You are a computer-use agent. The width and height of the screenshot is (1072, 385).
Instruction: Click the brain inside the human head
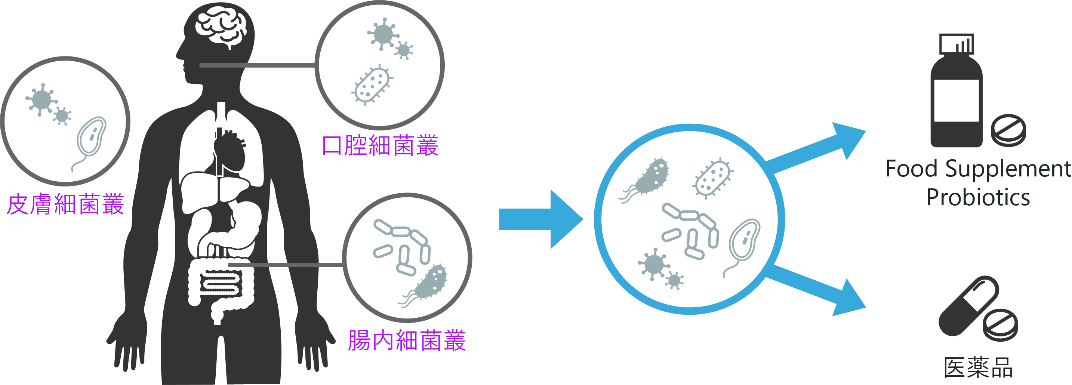click(x=221, y=27)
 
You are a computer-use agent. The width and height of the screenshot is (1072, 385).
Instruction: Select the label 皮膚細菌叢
click(x=66, y=204)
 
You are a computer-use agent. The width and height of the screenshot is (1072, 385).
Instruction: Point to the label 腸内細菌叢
click(x=407, y=341)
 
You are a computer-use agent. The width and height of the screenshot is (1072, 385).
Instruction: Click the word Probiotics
click(x=978, y=197)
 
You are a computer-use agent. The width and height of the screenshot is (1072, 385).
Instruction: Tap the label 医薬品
click(x=978, y=367)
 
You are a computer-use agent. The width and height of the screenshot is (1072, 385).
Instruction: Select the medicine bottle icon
click(x=956, y=94)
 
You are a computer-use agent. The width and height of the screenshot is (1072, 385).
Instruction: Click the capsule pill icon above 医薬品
click(x=968, y=306)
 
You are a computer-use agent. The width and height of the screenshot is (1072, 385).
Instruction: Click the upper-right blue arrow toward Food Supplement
click(x=816, y=148)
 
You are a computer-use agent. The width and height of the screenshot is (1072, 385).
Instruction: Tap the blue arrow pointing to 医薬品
click(x=816, y=291)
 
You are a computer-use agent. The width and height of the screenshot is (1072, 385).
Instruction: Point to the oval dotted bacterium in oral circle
click(x=372, y=84)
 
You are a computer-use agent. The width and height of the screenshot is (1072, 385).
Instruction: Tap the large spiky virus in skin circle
click(x=41, y=99)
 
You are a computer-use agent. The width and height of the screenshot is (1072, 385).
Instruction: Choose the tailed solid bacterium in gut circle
click(x=431, y=283)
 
